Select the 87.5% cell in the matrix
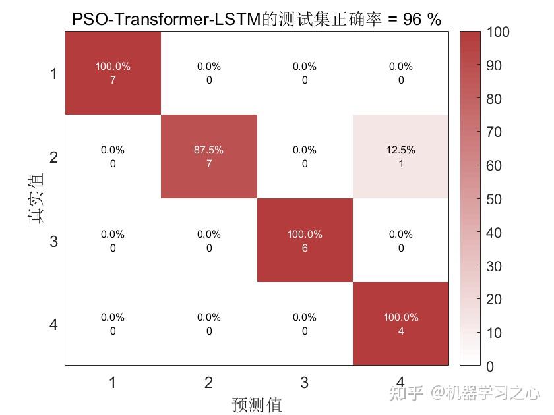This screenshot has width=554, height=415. [208, 157]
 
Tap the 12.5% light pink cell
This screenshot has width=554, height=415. [400, 157]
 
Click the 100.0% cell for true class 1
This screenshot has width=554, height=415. [113, 73]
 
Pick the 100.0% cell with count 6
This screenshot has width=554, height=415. [305, 240]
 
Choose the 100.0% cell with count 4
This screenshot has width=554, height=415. [400, 323]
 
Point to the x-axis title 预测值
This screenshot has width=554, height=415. [257, 404]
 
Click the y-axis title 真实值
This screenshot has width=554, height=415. [36, 198]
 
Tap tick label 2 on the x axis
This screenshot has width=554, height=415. [208, 382]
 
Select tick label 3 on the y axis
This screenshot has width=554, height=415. [53, 241]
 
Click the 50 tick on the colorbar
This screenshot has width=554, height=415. [494, 199]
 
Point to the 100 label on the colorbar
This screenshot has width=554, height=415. [498, 32]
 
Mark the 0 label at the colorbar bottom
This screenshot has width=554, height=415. [490, 366]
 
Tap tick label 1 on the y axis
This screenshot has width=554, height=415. [53, 74]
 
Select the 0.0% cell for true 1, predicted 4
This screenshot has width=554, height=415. [400, 73]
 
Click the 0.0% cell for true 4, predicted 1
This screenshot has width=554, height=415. [113, 323]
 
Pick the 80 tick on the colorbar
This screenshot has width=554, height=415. [494, 99]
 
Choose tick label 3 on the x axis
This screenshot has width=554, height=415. [305, 382]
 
